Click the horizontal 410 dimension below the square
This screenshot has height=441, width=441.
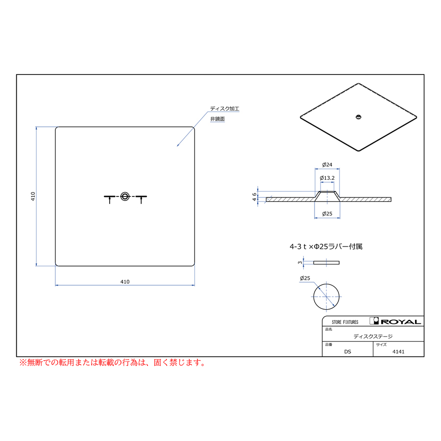point(125,282)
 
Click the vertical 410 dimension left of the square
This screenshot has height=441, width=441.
point(33,196)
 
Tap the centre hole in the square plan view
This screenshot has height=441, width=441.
point(125,196)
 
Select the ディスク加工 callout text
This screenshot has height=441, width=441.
point(224,109)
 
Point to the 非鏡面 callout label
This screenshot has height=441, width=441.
point(218,119)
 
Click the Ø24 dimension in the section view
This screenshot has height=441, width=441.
point(327,165)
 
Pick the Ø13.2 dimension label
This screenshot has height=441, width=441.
point(327,178)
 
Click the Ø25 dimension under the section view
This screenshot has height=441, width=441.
point(327,214)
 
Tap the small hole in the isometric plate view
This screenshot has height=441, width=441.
point(358,117)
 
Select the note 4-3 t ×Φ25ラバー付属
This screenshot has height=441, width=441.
point(326,246)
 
